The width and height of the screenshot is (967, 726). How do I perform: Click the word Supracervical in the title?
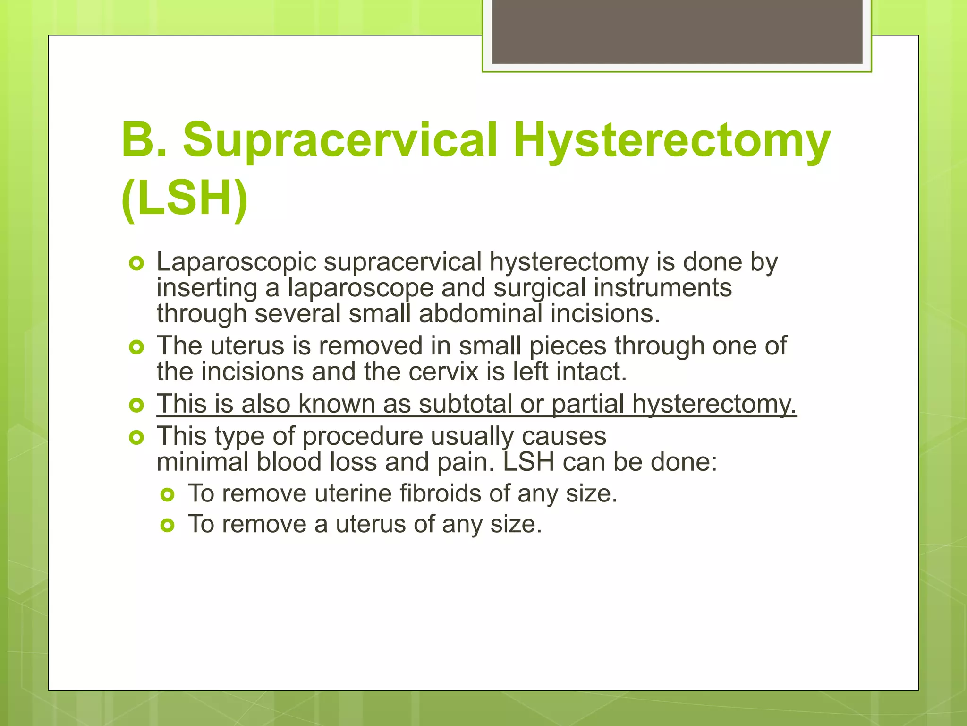340,140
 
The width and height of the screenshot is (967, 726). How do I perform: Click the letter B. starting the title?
144,140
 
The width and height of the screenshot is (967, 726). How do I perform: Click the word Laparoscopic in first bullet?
236,263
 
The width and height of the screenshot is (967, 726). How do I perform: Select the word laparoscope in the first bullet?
361,288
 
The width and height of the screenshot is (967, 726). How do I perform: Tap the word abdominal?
480,314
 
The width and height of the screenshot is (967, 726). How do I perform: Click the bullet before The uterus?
136,347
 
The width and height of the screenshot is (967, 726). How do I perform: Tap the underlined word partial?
588,405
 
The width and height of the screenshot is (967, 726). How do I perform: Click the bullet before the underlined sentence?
136,405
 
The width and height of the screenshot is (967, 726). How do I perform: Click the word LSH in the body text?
528,462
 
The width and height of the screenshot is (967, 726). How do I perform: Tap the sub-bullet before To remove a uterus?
168,525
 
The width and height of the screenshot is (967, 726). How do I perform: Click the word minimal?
203,462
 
